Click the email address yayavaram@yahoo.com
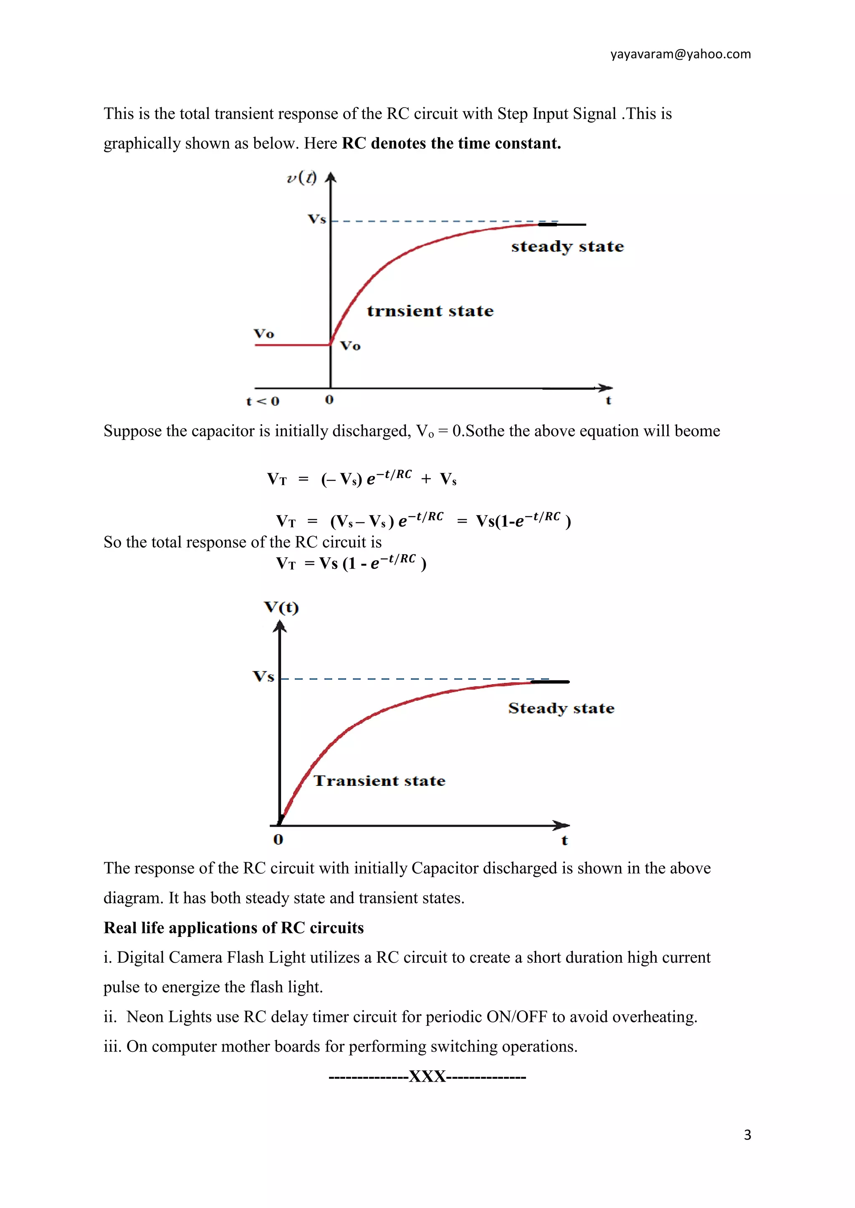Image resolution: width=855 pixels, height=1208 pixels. click(x=680, y=54)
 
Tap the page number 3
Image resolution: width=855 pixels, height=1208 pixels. click(x=747, y=1135)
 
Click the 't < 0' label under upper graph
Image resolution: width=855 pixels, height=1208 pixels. click(x=263, y=401)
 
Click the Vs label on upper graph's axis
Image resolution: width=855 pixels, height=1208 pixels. click(x=317, y=219)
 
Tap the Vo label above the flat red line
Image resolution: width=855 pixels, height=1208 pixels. click(x=264, y=334)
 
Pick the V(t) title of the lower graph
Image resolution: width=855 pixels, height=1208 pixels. click(x=281, y=608)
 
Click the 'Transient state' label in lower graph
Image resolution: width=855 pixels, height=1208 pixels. click(x=379, y=781)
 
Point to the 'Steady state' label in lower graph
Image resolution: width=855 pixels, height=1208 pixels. click(x=561, y=708)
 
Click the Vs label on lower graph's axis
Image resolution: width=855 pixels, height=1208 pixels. click(x=263, y=676)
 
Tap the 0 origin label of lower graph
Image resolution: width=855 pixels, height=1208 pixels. click(x=278, y=840)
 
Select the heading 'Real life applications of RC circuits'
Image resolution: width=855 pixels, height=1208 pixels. click(x=233, y=928)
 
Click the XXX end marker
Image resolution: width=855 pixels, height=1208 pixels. click(x=427, y=1077)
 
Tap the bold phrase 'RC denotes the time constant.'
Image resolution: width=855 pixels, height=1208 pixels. click(x=451, y=143)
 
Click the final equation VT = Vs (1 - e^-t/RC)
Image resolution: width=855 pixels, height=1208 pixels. click(x=351, y=563)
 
